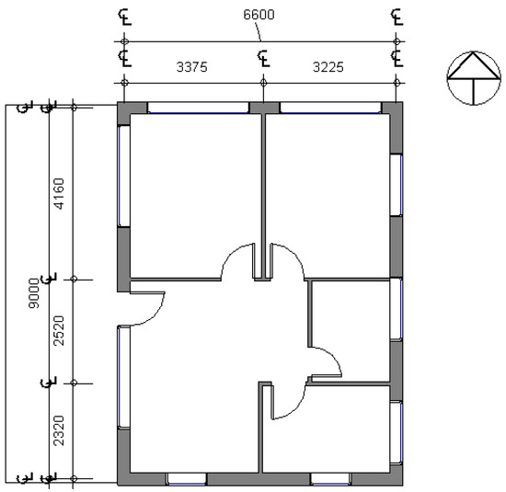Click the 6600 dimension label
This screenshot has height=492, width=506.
click(259, 15)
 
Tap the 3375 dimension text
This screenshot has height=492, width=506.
click(191, 67)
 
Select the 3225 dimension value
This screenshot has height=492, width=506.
click(328, 67)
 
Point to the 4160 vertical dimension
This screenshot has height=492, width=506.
click(60, 193)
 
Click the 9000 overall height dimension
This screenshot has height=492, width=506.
click(34, 293)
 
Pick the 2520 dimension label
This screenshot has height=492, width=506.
click(60, 331)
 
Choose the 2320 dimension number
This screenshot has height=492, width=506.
click(60, 430)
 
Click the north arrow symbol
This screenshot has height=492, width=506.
click(474, 78)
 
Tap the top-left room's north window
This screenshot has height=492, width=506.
click(198, 108)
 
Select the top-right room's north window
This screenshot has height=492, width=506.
click(330, 108)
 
